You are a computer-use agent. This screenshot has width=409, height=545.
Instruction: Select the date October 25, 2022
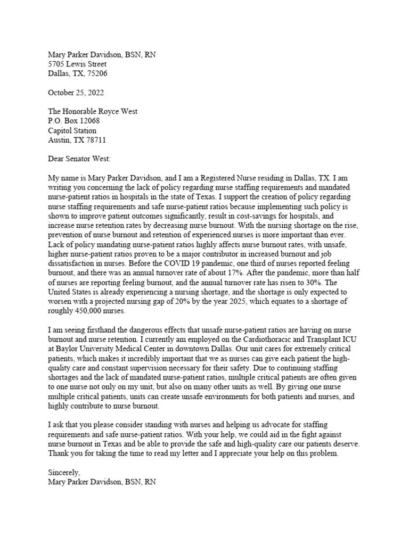pyautogui.click(x=76, y=93)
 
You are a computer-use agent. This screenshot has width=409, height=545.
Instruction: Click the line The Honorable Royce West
pyautogui.click(x=93, y=111)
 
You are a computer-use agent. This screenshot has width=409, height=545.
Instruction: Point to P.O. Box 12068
pyautogui.click(x=73, y=121)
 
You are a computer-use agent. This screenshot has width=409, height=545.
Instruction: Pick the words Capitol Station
pyautogui.click(x=72, y=130)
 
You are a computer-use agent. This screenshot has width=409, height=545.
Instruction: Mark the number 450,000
pyautogui.click(x=92, y=311)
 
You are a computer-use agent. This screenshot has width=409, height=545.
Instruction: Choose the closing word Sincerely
pyautogui.click(x=64, y=472)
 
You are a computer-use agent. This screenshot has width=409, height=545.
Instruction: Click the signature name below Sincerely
pyautogui.click(x=102, y=482)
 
